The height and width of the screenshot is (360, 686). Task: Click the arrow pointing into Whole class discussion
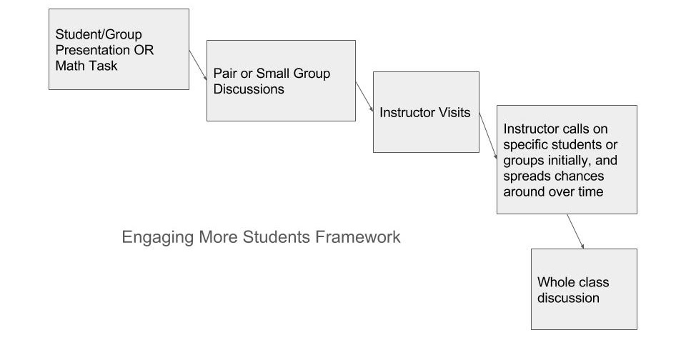click(575, 231)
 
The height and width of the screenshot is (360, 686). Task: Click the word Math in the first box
click(69, 66)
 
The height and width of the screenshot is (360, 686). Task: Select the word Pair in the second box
click(226, 74)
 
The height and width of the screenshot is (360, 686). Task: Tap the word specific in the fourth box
click(525, 145)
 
